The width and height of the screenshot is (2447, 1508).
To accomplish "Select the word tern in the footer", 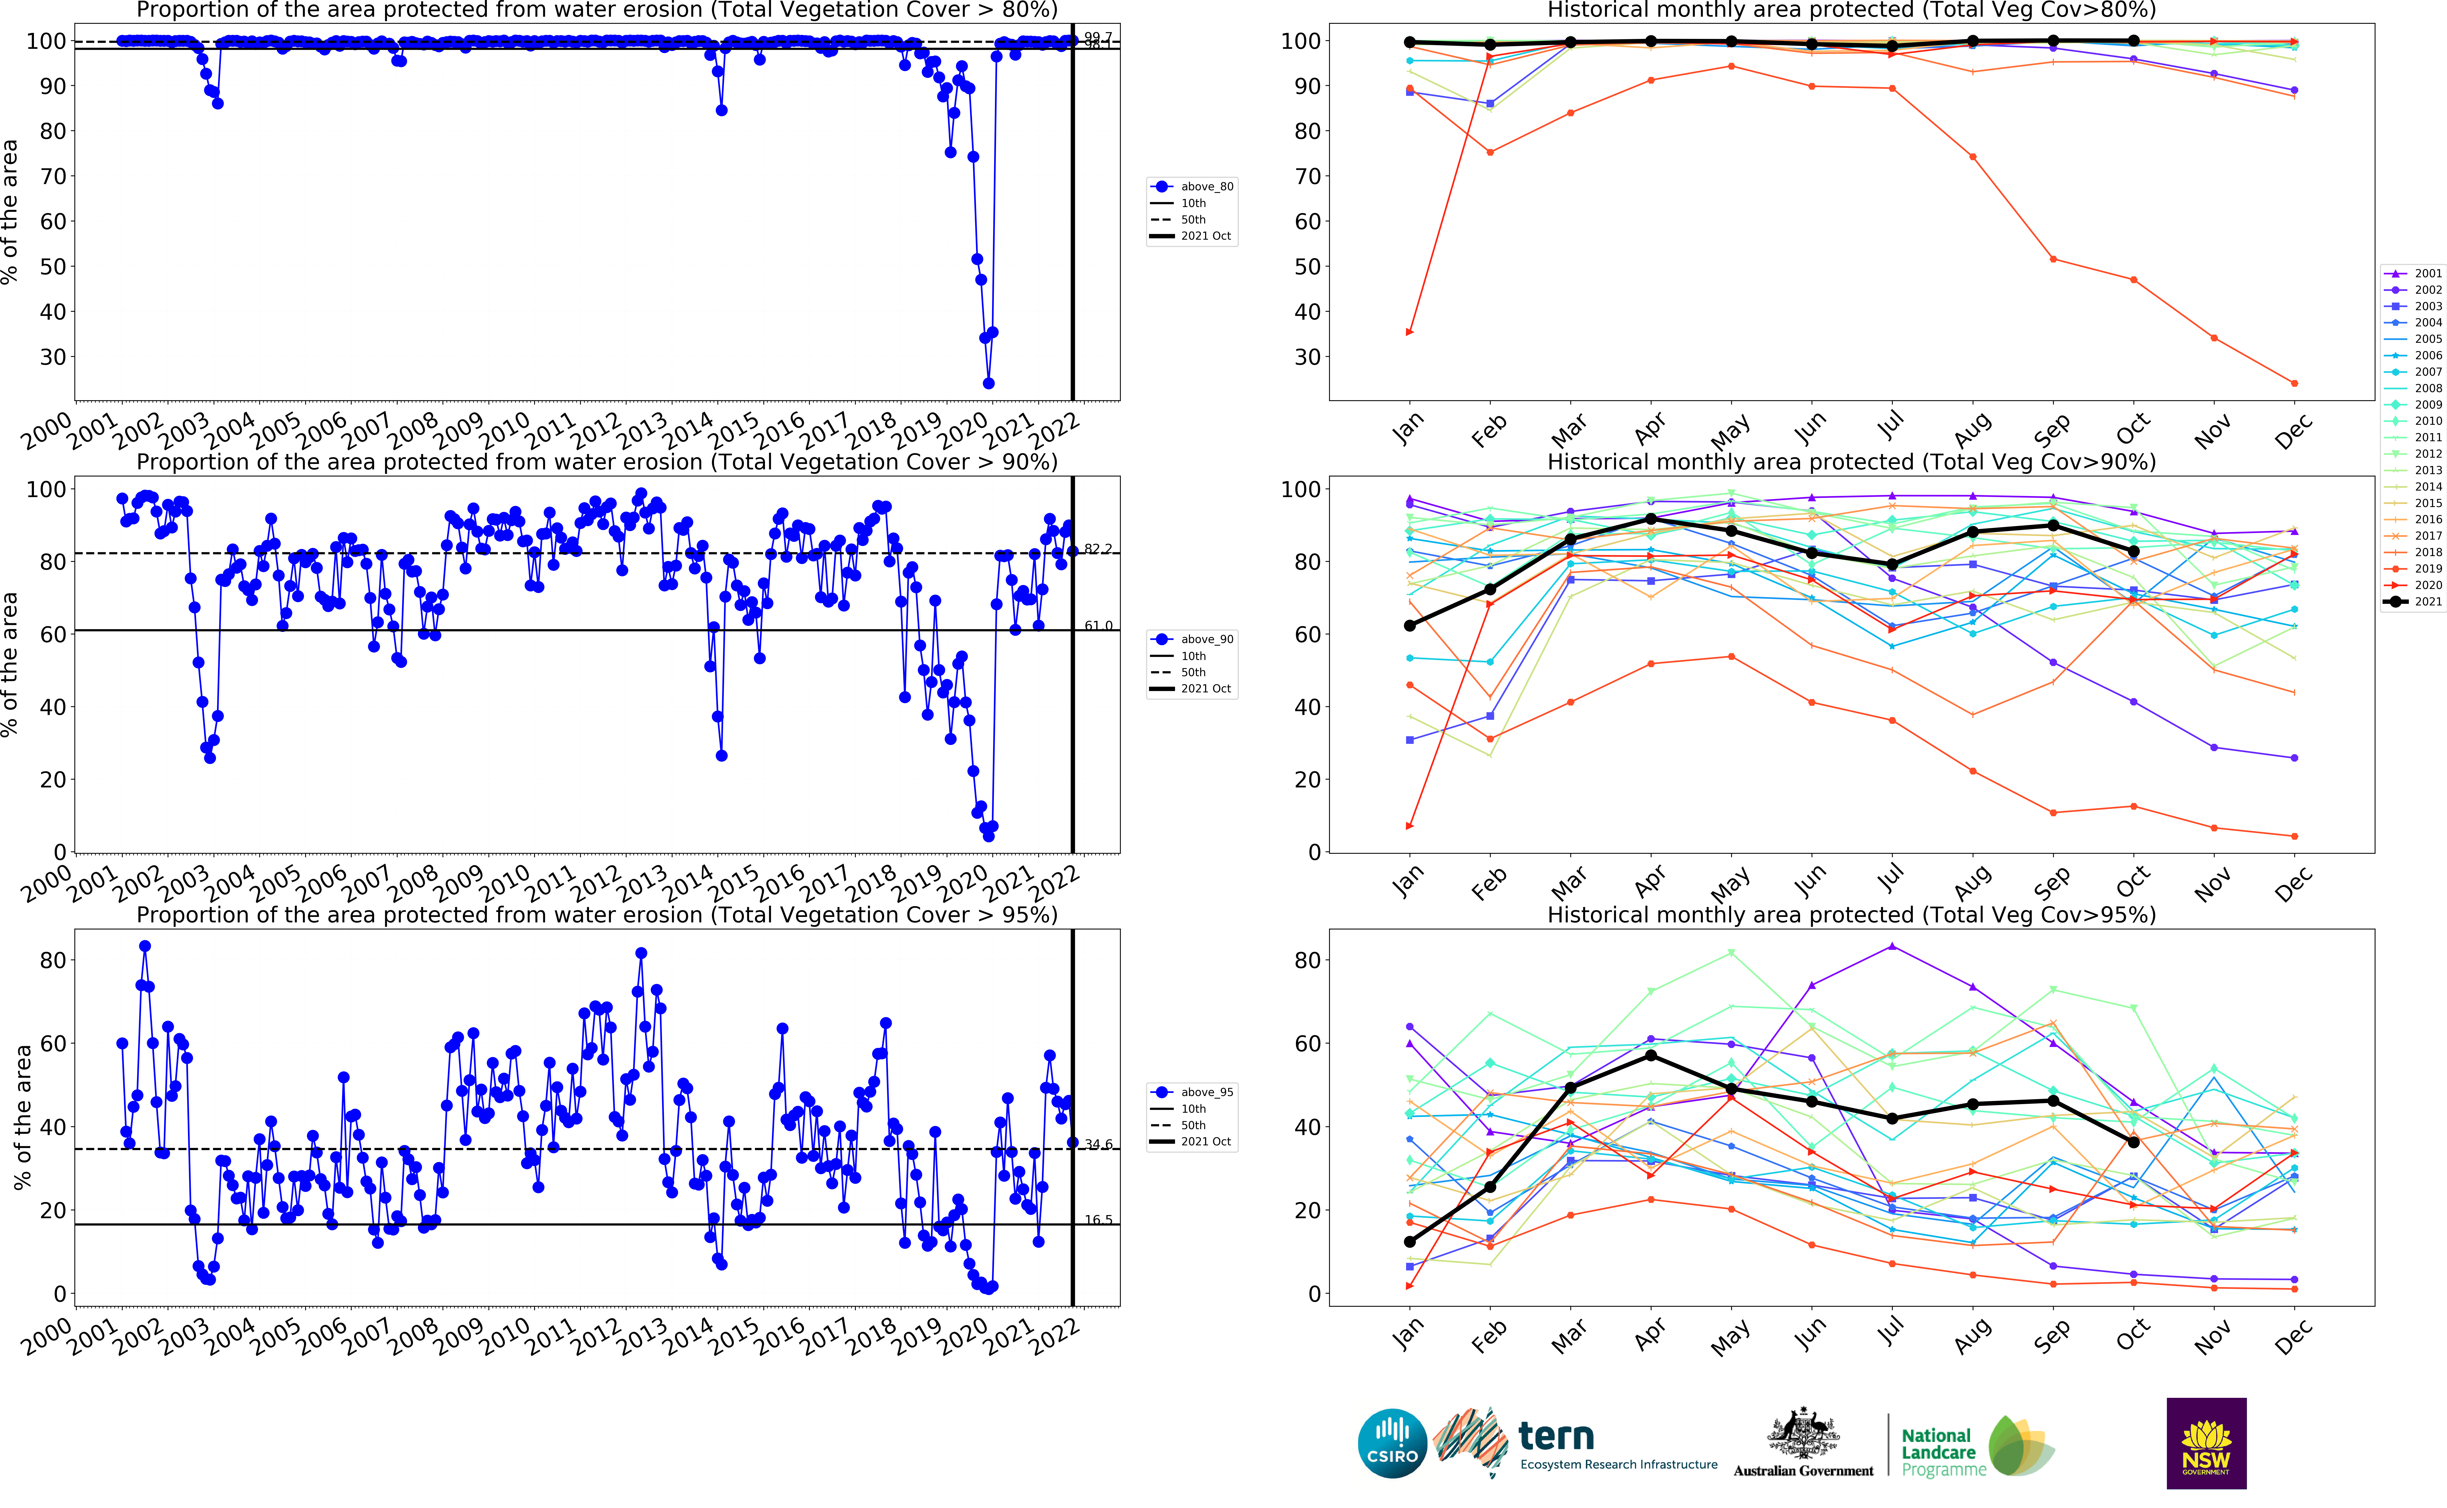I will (1555, 1436).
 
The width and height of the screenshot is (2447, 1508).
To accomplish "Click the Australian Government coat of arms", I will (1803, 1436).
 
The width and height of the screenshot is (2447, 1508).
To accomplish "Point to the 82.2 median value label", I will (1098, 550).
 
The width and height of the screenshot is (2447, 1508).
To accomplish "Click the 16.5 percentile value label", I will (1098, 1220).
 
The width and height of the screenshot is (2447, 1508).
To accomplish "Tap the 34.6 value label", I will (1098, 1144).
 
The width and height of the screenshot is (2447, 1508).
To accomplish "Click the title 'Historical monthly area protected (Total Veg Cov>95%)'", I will (1851, 915).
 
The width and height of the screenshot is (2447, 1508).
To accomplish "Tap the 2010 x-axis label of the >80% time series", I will (505, 431).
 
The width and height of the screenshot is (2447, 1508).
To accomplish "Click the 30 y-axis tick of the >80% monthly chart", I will (1307, 357).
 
